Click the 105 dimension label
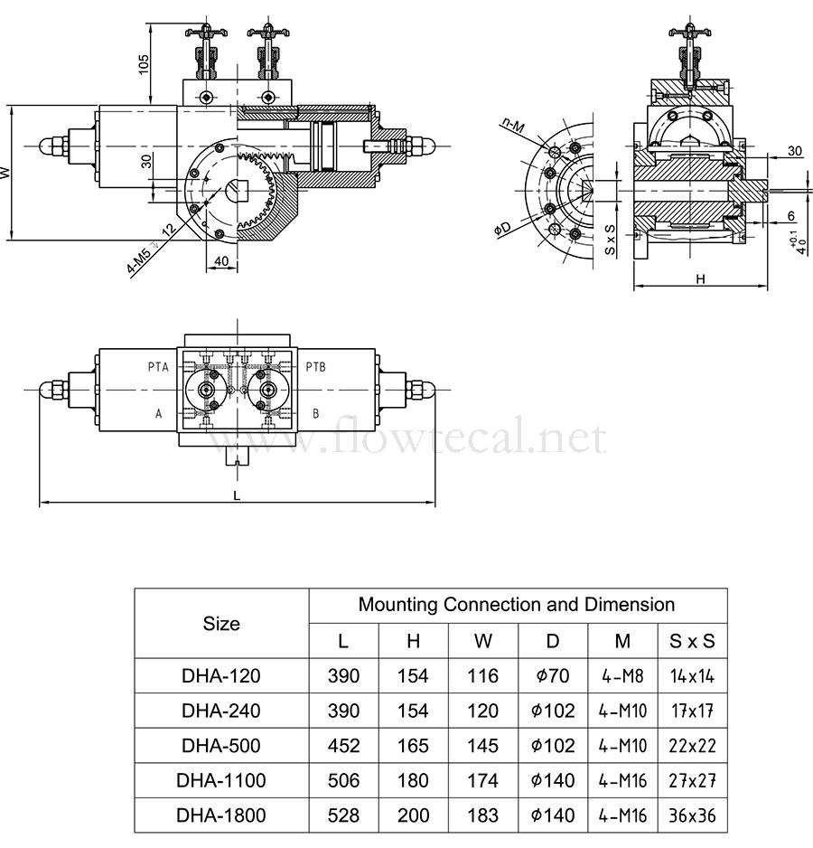144,64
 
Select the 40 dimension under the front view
221,261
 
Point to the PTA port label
158,367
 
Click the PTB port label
315,367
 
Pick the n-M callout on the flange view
512,126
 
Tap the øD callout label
502,229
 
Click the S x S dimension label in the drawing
611,240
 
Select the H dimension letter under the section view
701,279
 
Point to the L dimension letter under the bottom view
237,495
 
